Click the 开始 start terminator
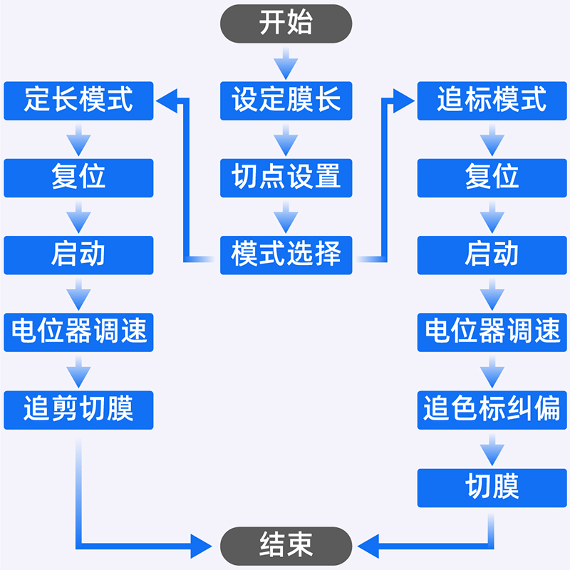[286, 24]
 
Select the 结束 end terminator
[286, 546]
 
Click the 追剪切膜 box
[78, 410]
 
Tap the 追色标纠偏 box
[492, 410]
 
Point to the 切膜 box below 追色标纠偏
[492, 487]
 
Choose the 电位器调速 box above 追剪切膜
[78, 332]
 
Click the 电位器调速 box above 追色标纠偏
[492, 332]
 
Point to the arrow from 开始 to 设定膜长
[286, 63]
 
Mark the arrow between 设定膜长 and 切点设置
[286, 140]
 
